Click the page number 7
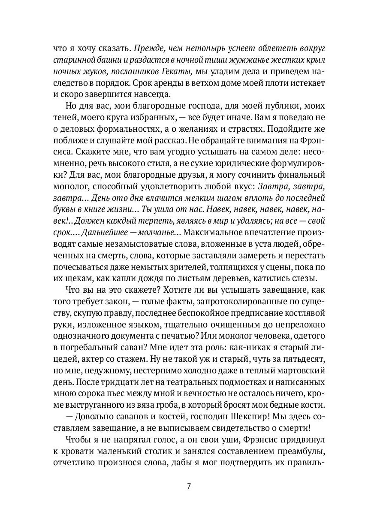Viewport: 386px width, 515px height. (189, 487)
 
